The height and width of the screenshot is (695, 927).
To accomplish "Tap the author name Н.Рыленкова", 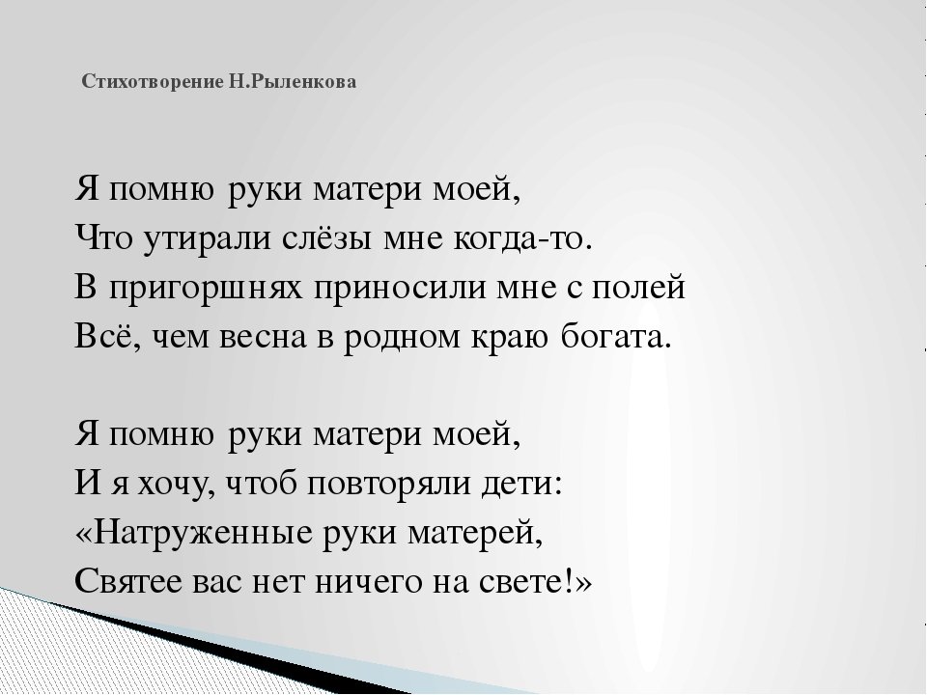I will coord(305,82).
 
